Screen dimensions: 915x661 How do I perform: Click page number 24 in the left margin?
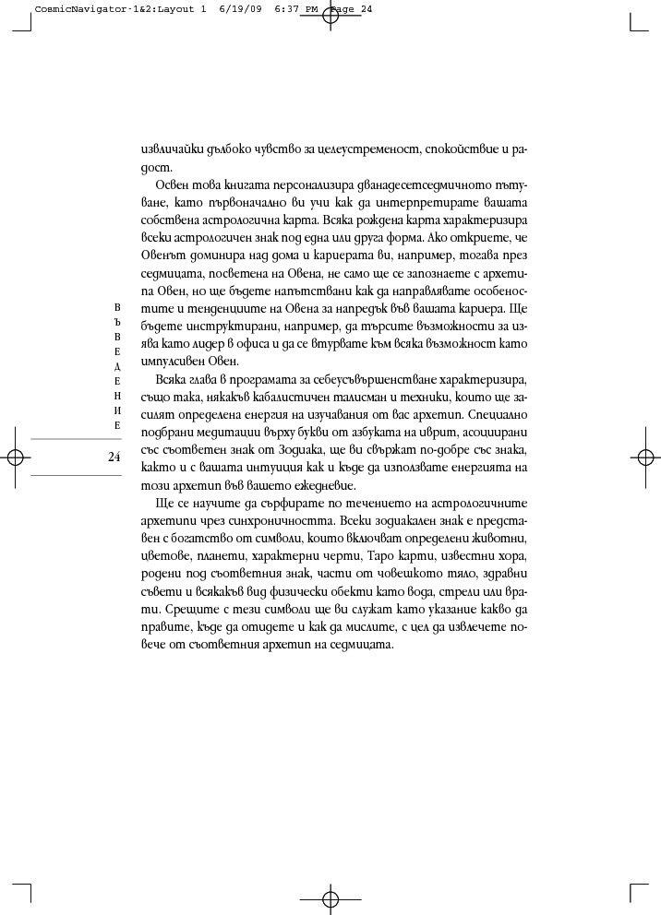(114, 457)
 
